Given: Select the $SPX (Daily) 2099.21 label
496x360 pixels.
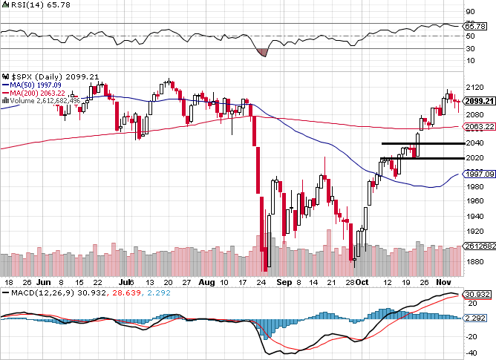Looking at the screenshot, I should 43,76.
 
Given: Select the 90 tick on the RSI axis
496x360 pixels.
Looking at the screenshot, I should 470,11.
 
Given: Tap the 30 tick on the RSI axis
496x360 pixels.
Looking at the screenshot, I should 470,48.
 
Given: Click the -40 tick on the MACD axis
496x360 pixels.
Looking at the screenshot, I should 470,352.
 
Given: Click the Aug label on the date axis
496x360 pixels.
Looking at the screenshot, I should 207,283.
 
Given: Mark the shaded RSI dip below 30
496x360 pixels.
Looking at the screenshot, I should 261,52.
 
